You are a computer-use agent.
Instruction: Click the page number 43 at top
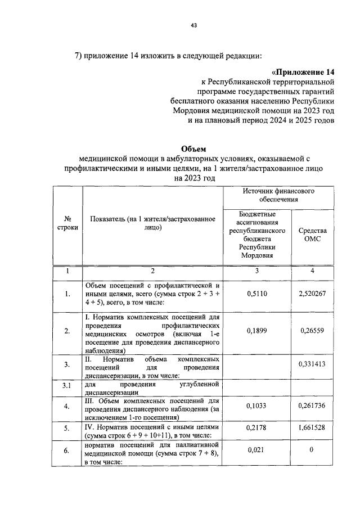coord(193,24)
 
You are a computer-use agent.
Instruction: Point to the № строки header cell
coord(67,224)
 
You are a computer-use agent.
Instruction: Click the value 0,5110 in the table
coord(257,293)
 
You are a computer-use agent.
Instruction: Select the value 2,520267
coord(312,293)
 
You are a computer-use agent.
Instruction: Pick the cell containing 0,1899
coord(257,331)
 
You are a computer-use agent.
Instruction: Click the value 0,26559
coord(312,331)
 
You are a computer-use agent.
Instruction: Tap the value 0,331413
coord(312,365)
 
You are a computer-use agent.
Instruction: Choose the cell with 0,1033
coord(257,405)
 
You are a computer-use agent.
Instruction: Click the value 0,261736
coord(312,405)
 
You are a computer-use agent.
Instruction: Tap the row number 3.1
coord(67,386)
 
